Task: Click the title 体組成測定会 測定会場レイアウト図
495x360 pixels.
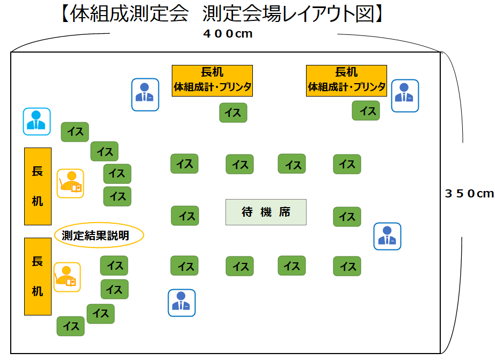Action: [220, 14]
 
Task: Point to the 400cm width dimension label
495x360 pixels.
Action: [228, 34]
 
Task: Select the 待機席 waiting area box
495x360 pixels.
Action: [266, 212]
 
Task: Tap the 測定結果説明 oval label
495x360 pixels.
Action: [99, 235]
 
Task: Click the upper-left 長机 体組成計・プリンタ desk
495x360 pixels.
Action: [212, 80]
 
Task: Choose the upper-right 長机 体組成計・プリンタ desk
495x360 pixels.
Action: [346, 80]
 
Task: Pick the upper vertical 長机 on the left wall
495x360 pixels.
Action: [38, 186]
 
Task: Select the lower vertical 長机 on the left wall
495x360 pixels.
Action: [38, 276]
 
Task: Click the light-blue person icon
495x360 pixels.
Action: [37, 121]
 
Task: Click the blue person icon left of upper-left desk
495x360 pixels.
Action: [145, 94]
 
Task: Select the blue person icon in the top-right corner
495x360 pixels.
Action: [405, 95]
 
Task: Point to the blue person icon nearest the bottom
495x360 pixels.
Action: [181, 303]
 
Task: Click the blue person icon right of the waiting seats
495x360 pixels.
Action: [387, 237]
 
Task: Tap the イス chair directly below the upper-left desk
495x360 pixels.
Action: [233, 113]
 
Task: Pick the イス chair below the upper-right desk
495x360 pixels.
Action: [366, 111]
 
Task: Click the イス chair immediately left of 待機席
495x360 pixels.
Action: [185, 216]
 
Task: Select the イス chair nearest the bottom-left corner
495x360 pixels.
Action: [71, 326]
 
